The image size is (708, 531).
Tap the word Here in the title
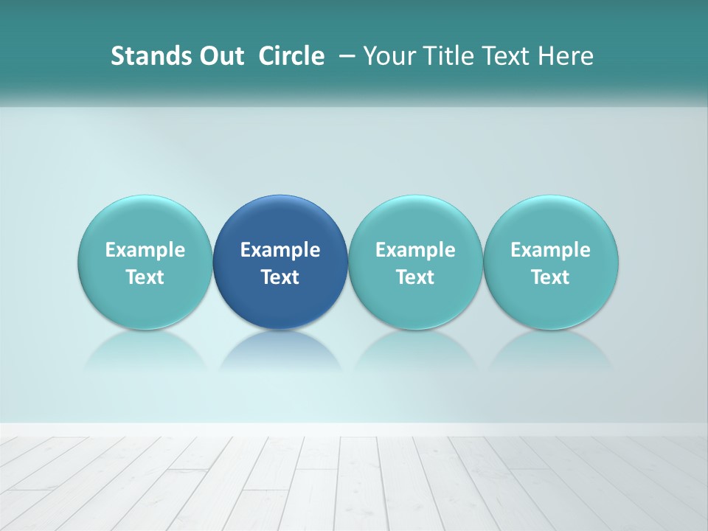565,56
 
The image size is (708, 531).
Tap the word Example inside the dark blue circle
280,250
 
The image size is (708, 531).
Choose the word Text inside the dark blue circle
280,277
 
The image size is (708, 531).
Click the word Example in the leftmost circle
145,250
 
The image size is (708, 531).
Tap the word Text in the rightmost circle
551,277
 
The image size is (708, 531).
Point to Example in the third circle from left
415,250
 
